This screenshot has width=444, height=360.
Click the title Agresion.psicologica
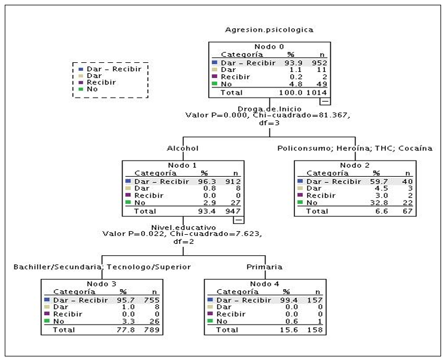pos(269,30)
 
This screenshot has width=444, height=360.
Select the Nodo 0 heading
pos(269,47)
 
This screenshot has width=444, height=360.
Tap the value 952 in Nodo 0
pos(320,63)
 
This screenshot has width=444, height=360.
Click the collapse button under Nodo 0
pos(325,101)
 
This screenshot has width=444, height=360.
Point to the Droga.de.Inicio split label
pos(269,109)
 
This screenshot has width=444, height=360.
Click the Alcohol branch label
pos(183,148)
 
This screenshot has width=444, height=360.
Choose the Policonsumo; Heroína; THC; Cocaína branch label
pos(355,148)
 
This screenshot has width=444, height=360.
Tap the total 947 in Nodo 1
pos(233,211)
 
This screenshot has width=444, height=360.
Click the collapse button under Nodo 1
pos(239,220)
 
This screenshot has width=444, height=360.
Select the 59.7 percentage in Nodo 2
pos(379,181)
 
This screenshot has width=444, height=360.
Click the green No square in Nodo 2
pos(300,202)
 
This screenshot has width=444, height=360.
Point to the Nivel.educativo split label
pos(184,228)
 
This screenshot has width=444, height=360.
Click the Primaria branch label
pos(264,267)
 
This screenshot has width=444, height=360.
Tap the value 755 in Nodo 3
pos(152,300)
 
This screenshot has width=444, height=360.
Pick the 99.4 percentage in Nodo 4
pos(289,300)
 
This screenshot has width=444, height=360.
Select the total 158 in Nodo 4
pos(315,329)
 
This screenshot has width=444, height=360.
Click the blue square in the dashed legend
pos(81,69)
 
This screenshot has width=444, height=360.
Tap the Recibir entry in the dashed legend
pos(101,82)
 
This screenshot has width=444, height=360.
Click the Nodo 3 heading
pos(101,284)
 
